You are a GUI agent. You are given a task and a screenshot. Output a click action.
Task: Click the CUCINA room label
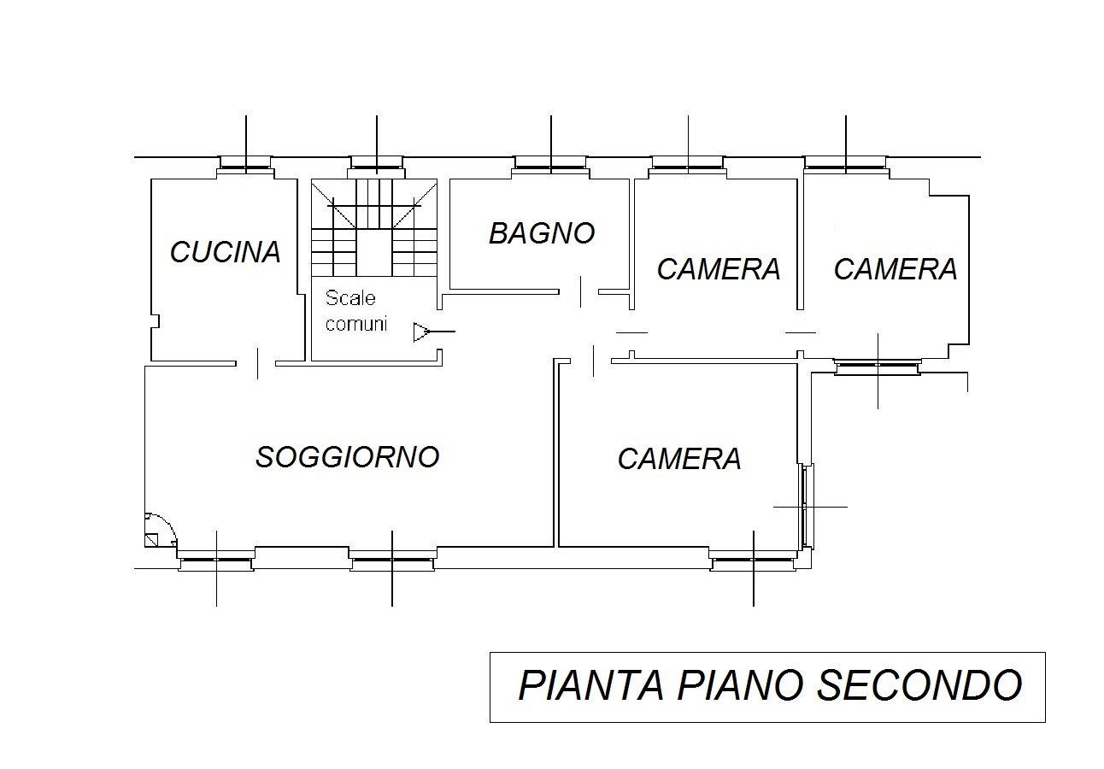[226, 251]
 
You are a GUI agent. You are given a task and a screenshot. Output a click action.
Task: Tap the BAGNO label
[542, 233]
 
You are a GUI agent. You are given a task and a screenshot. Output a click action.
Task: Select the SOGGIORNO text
[348, 456]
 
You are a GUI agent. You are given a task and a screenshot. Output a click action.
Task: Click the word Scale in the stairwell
[350, 297]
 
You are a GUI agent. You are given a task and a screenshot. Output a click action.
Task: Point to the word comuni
[355, 324]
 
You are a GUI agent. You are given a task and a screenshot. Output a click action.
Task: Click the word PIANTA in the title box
[591, 685]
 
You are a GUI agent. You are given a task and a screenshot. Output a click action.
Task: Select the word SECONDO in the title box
[919, 685]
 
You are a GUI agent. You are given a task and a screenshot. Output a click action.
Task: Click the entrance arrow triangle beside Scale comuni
[421, 332]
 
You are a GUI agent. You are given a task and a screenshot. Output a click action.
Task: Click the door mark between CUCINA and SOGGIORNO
[257, 363]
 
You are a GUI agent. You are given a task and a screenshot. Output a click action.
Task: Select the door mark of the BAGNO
[580, 291]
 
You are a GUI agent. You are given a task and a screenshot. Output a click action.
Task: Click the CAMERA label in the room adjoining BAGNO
[719, 269]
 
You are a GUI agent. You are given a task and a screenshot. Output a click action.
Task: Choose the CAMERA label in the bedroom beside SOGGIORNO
[679, 459]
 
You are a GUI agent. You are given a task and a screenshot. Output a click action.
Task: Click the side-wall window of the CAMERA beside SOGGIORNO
[806, 506]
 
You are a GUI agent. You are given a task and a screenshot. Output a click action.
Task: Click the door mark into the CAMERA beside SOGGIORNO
[593, 361]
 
